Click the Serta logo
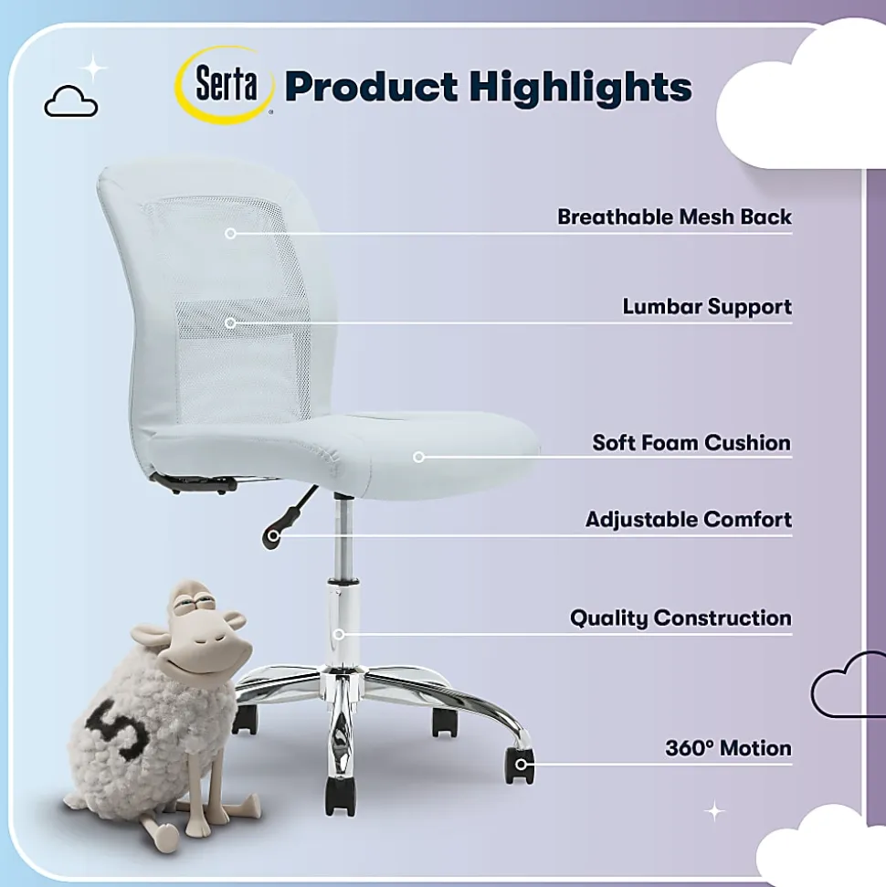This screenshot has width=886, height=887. pos(225,85)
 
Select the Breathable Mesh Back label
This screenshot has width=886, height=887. pos(674,216)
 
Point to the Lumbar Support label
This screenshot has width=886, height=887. pos(707,307)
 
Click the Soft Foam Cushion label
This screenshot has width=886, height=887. pos(691,442)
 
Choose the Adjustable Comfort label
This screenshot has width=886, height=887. pos(689,519)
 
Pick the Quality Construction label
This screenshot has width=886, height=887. pos(680,618)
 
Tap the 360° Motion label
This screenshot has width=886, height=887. pos(728,748)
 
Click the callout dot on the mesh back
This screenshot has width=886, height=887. pos(230,233)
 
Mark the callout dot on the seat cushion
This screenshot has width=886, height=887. pos(418,457)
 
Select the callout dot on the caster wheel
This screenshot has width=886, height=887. pos(521,765)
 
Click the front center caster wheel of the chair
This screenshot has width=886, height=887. pos(341,797)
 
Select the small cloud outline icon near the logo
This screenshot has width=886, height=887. pos(70,101)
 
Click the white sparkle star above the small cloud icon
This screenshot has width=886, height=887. pos(93,69)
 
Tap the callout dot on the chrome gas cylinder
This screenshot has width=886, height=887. pos(338,634)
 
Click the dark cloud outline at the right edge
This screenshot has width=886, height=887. pos(849,684)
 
